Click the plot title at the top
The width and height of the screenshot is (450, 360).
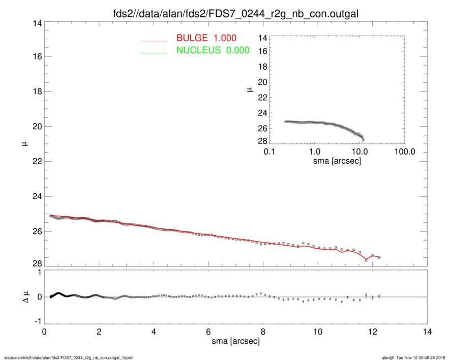(235, 14)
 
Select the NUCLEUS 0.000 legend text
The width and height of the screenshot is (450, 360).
(213, 50)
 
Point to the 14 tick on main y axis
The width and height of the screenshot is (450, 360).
(37, 23)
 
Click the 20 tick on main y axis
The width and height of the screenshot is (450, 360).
(37, 127)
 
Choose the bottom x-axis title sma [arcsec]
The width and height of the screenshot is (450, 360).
(235, 341)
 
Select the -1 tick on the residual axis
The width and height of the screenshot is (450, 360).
(37, 321)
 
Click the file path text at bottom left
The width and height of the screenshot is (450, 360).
(60, 357)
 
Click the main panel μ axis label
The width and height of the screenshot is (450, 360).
(23, 144)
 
